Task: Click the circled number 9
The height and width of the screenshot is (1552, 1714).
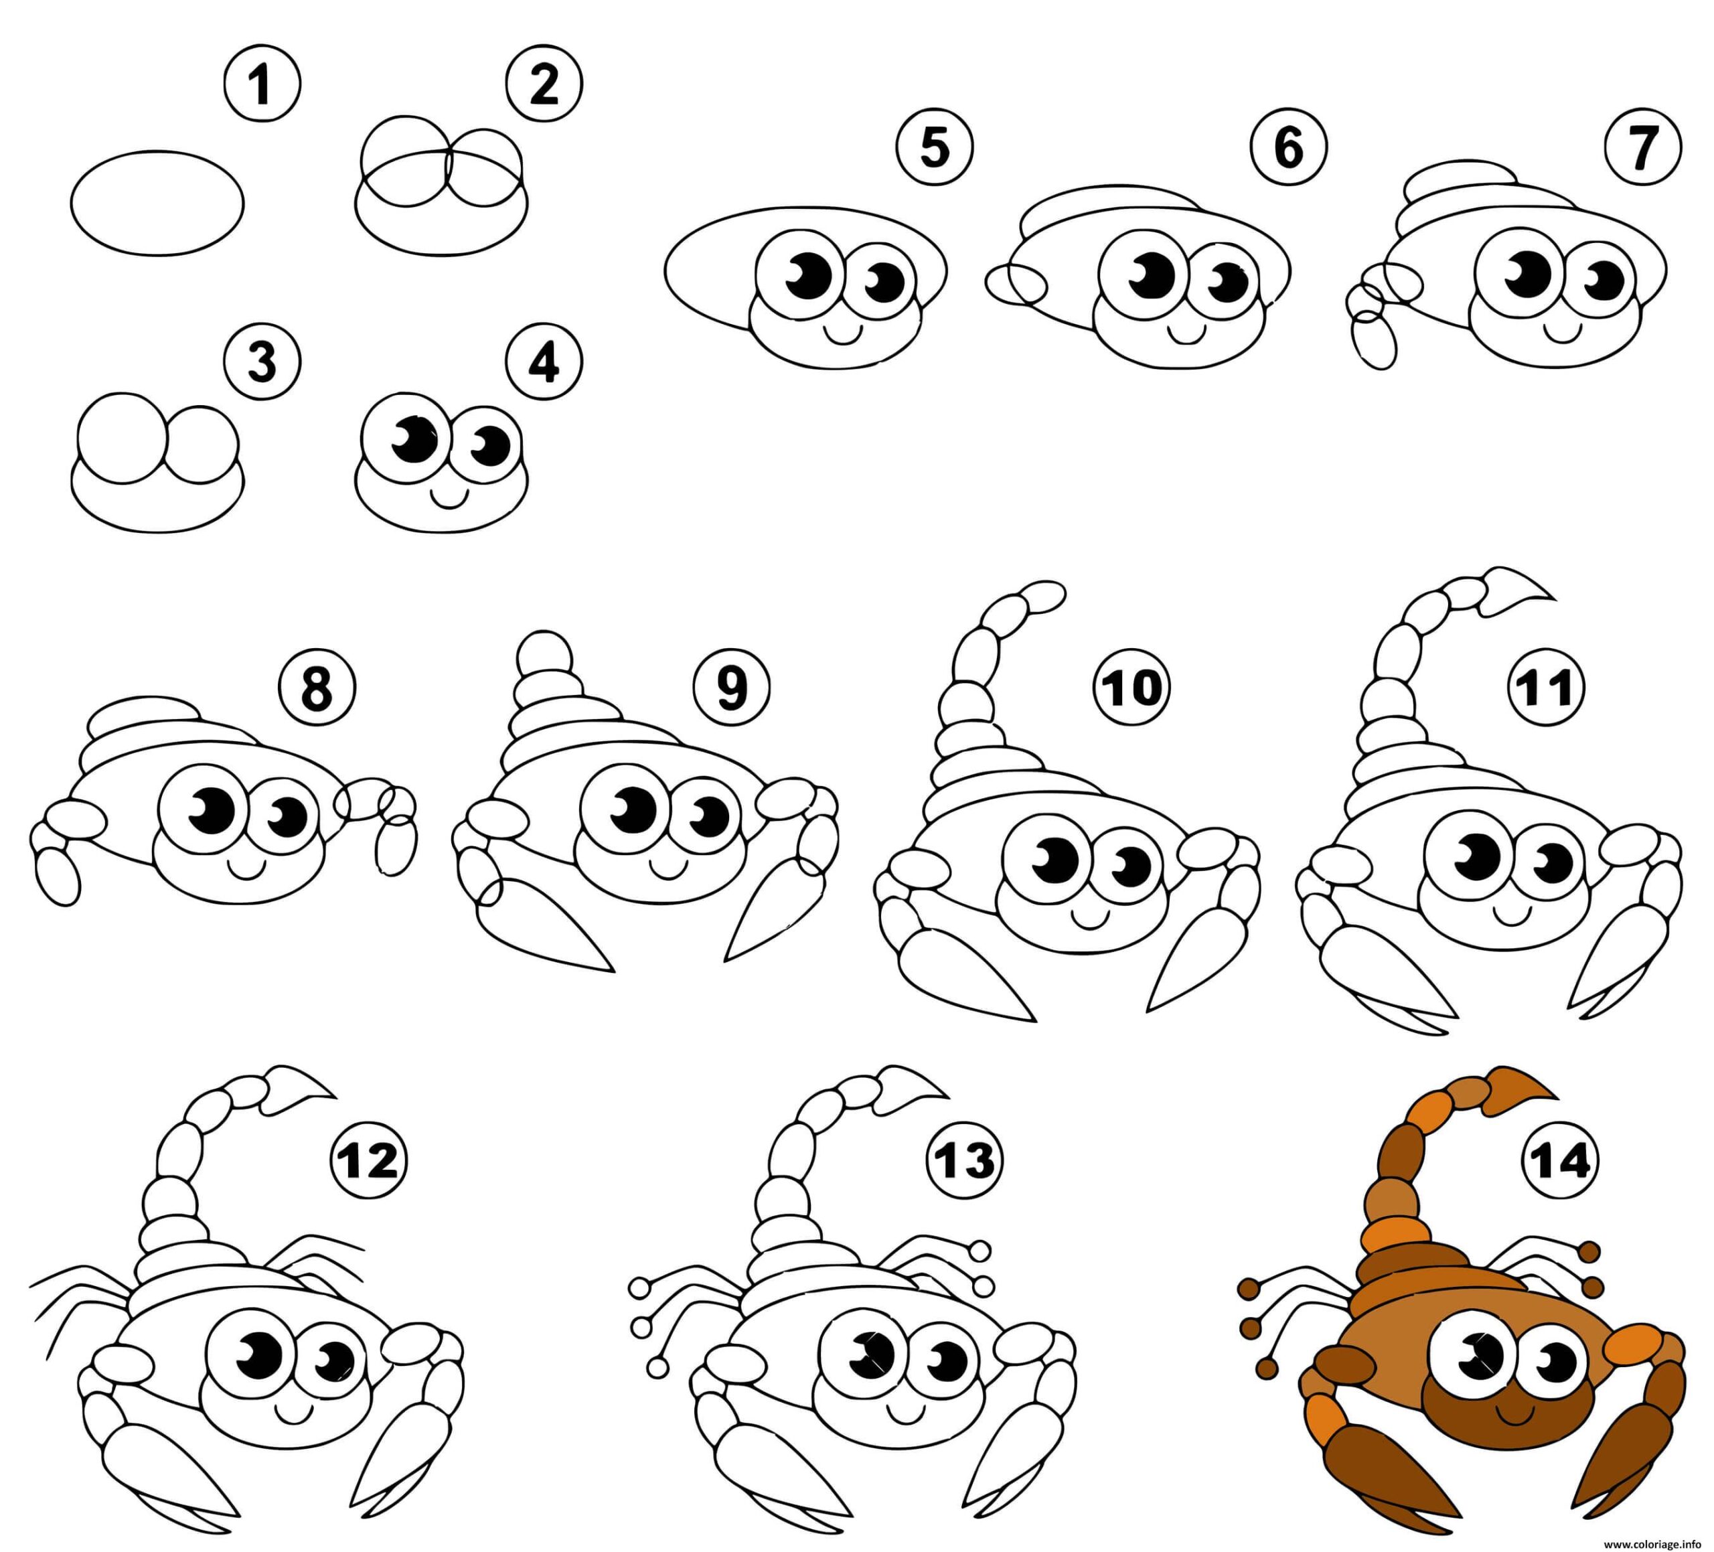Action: pos(731,688)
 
